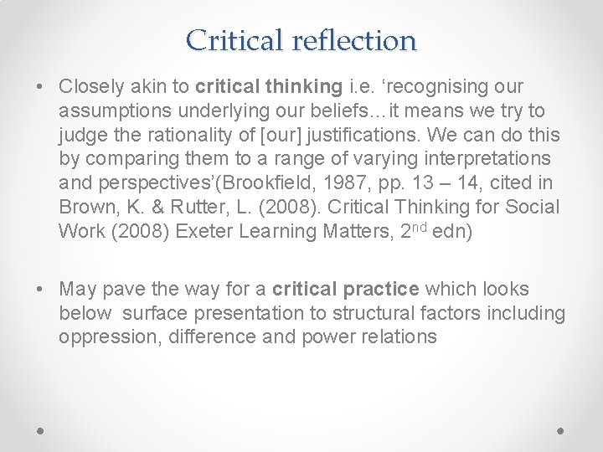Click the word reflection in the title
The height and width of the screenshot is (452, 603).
[x=354, y=39]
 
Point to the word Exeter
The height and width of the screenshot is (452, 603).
[x=204, y=231]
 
